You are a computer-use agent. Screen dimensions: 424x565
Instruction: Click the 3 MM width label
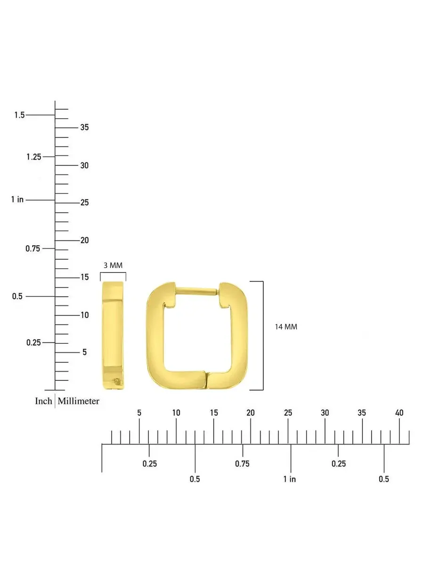(x=113, y=266)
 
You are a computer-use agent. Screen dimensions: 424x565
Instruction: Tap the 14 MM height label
(x=286, y=327)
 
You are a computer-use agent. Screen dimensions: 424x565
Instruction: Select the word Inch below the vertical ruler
(x=43, y=401)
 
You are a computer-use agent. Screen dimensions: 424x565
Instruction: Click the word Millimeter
(x=79, y=401)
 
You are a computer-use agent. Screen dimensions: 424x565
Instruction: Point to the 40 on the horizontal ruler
(x=400, y=413)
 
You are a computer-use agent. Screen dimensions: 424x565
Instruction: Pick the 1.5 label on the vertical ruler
(x=20, y=115)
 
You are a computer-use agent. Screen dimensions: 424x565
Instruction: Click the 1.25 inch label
(x=34, y=157)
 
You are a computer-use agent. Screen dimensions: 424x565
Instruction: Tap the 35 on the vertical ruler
(x=84, y=127)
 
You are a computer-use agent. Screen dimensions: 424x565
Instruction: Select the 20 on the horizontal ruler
(x=251, y=413)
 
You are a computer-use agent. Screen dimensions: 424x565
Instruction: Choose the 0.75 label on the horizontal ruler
(x=242, y=464)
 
